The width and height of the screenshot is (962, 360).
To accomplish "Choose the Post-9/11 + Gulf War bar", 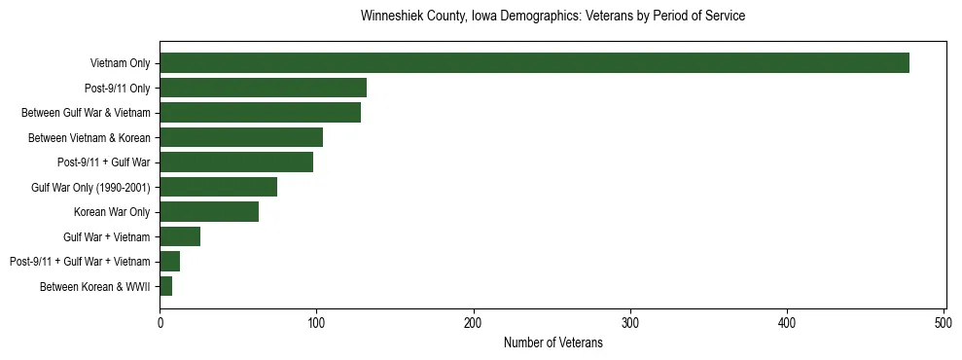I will [x=236, y=162].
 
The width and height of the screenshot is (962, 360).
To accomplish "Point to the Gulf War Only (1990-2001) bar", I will [x=218, y=187].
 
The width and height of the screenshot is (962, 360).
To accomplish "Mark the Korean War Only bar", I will [x=209, y=212].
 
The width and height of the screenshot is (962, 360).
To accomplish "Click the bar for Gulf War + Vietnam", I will [x=180, y=236].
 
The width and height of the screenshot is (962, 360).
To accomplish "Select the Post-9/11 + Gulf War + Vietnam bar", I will [x=169, y=262].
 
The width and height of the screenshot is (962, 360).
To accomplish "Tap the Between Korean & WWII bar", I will [x=165, y=286].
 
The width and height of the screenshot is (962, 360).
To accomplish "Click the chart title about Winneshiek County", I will [x=552, y=17].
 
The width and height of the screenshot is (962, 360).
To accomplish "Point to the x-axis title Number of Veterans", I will [x=552, y=343].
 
